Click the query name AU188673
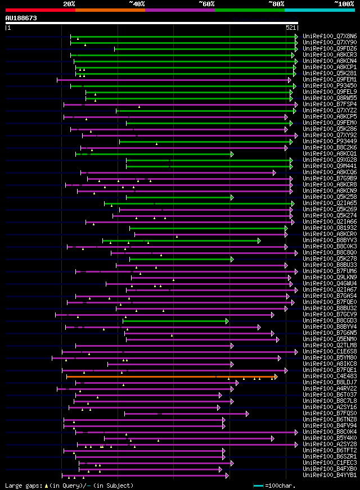[x=21, y=18]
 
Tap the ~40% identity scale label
[x=137, y=3]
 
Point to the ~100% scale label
[x=344, y=3]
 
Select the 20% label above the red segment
[x=69, y=3]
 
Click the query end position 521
[x=291, y=27]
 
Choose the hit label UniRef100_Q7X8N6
[x=329, y=36]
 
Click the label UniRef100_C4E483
[x=329, y=376]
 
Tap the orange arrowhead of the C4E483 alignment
[x=276, y=376]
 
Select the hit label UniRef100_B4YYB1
[x=329, y=475]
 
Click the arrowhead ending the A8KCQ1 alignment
[x=232, y=153]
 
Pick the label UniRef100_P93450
[x=329, y=85]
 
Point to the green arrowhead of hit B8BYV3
[x=259, y=240]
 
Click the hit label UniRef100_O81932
[x=329, y=228]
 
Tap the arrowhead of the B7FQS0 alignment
[x=247, y=413]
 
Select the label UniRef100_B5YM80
[x=329, y=357]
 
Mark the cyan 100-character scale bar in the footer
[x=258, y=485]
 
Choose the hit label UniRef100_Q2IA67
[x=329, y=289]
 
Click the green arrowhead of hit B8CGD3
[x=227, y=320]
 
